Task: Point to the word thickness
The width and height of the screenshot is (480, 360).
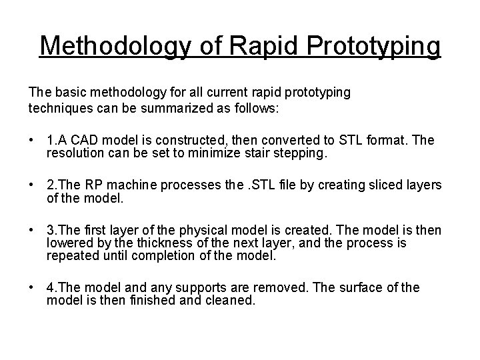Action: point(157,242)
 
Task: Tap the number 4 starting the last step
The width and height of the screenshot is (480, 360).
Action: point(51,287)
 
